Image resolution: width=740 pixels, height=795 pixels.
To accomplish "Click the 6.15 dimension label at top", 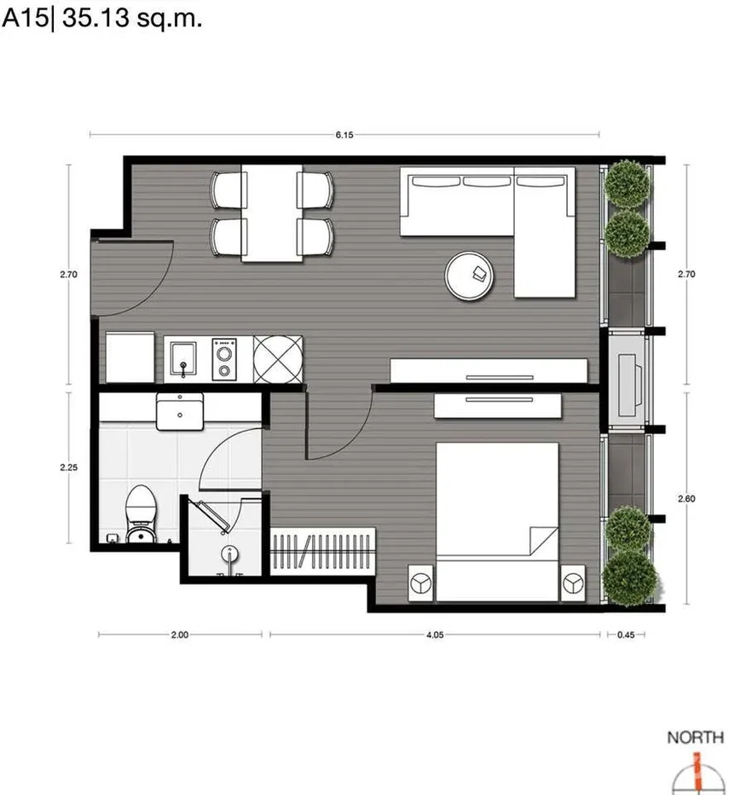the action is pyautogui.click(x=344, y=135).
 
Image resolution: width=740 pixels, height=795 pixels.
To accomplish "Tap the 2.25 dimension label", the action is pyautogui.click(x=68, y=467).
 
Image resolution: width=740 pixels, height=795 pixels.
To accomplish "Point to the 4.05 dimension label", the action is pyautogui.click(x=435, y=635).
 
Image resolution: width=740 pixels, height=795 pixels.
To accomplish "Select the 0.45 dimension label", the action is pyautogui.click(x=626, y=635).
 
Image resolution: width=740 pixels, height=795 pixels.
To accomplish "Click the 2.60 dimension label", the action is pyautogui.click(x=686, y=499).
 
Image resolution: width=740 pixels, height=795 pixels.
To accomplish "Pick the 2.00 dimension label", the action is pyautogui.click(x=179, y=635).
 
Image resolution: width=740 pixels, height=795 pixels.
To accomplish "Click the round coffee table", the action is pyautogui.click(x=469, y=276).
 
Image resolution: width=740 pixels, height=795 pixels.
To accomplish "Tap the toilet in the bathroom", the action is pyautogui.click(x=141, y=514).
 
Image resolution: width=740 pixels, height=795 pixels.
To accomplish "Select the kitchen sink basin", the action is pyautogui.click(x=183, y=358).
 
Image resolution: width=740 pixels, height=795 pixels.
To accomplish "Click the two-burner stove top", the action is pyautogui.click(x=224, y=359).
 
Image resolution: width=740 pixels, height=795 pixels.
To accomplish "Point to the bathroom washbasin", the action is pyautogui.click(x=180, y=412).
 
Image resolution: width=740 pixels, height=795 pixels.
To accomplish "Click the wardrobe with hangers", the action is pyautogui.click(x=323, y=551).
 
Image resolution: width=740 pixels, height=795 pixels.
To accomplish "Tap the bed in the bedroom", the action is pyautogui.click(x=497, y=522).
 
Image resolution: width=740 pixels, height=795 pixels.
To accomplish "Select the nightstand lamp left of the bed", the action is pyautogui.click(x=420, y=583).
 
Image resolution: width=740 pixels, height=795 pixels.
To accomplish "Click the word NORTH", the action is pyautogui.click(x=696, y=737).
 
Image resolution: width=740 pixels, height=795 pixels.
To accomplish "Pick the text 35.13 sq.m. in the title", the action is pyautogui.click(x=132, y=19).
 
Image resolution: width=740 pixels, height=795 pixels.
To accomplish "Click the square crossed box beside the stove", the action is pyautogui.click(x=278, y=359).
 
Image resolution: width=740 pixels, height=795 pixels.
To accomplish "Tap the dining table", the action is pyautogui.click(x=272, y=213).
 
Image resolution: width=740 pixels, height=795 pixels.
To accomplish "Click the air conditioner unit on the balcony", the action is pyautogui.click(x=630, y=379).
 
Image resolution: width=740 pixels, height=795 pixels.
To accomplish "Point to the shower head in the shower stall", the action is pyautogui.click(x=229, y=554).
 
